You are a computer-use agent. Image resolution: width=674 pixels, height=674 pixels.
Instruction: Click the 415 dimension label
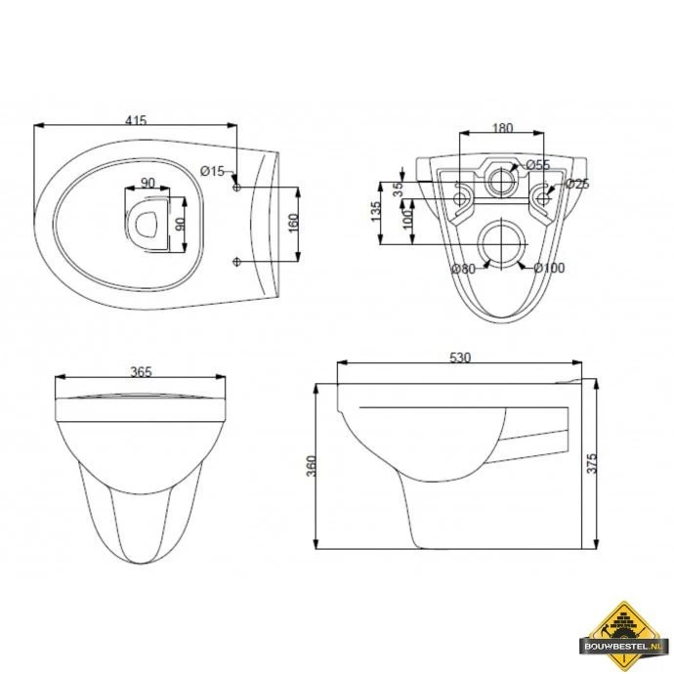click(136, 119)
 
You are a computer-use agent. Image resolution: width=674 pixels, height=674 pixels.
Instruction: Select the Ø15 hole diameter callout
click(212, 171)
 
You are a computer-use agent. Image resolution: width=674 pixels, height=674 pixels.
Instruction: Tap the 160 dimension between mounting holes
click(292, 223)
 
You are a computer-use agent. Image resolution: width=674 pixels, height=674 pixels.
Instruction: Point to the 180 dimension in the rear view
click(502, 128)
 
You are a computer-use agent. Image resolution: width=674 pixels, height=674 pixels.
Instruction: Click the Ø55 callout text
click(537, 164)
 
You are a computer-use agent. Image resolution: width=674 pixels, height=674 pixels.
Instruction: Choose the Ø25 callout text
click(576, 184)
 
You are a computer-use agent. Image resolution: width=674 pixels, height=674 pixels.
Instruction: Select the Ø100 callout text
click(549, 268)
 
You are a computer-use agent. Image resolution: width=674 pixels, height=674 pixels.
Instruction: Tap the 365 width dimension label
click(143, 372)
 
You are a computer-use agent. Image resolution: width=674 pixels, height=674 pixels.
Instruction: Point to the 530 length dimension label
click(460, 358)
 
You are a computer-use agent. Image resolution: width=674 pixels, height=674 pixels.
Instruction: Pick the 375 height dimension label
click(592, 464)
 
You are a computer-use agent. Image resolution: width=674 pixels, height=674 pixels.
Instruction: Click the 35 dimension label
click(398, 189)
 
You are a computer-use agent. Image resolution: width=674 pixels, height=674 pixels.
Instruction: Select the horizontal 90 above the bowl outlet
click(147, 183)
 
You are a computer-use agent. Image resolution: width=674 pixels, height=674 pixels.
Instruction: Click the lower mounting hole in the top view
click(237, 260)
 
